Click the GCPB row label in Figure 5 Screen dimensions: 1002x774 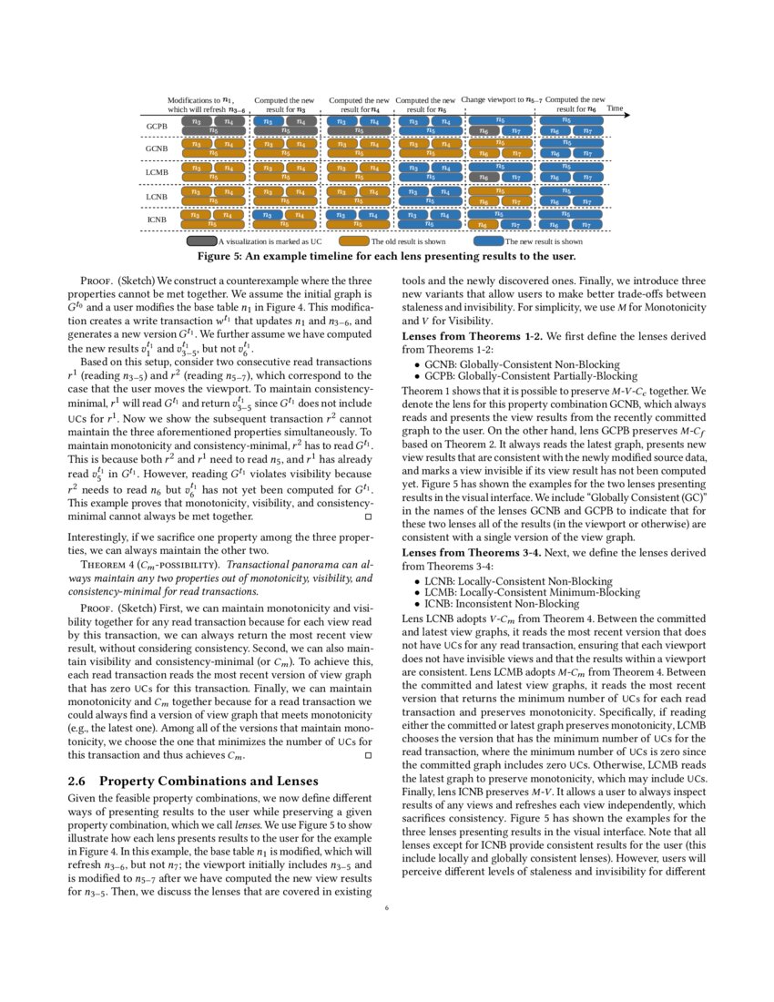157,126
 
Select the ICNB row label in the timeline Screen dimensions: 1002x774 157,220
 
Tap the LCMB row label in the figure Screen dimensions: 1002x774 157,172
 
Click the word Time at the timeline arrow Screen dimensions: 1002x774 615,108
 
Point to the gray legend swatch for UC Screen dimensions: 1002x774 201,241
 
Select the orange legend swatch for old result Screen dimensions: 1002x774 353,241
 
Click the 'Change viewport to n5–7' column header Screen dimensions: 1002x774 501,100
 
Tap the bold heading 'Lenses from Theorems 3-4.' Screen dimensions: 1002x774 473,553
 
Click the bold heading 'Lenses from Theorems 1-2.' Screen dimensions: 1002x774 473,337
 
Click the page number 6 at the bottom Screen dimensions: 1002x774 386,907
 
